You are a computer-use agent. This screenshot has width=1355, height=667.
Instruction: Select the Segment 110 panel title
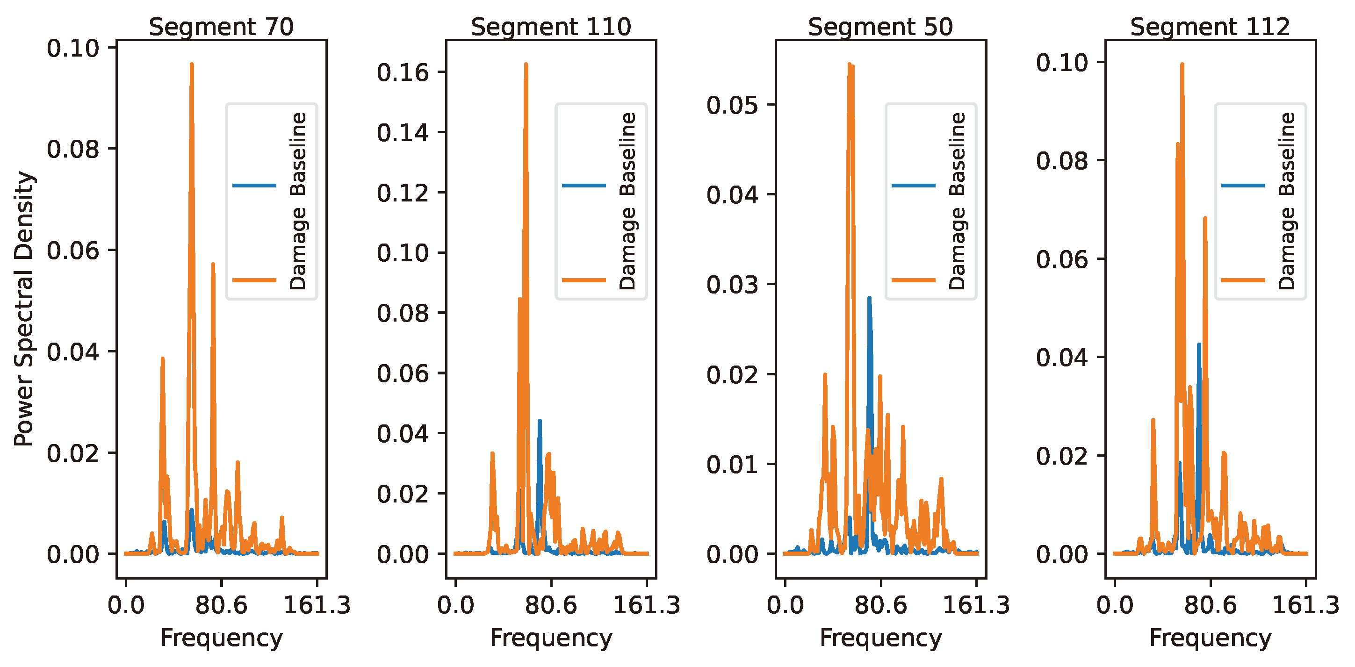click(551, 26)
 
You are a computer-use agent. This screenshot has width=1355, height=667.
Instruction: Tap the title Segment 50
click(880, 26)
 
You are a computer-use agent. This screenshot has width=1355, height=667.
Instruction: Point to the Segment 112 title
click(1210, 26)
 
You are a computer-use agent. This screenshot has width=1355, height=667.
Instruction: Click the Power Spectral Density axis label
click(24, 309)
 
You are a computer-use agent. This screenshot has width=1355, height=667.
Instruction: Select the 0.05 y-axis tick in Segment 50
click(732, 105)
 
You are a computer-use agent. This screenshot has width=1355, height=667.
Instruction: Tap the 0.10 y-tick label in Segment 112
click(1062, 63)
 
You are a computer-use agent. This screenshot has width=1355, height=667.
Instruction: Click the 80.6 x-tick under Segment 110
click(551, 605)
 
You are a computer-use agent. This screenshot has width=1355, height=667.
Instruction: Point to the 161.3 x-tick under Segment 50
click(976, 605)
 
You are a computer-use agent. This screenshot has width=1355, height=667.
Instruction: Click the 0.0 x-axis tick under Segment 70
click(126, 605)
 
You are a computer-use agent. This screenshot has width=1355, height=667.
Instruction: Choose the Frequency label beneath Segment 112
click(1210, 638)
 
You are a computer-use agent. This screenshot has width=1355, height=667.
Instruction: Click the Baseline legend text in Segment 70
click(298, 154)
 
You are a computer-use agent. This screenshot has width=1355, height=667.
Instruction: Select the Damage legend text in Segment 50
click(958, 248)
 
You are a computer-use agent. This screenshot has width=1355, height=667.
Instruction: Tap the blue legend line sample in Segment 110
click(584, 185)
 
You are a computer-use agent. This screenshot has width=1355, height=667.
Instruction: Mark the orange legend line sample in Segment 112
click(1243, 280)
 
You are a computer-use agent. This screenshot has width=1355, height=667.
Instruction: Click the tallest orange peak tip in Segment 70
click(192, 65)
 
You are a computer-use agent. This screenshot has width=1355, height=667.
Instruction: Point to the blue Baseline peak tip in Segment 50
click(870, 298)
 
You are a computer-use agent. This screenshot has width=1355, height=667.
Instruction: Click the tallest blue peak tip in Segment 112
click(1199, 344)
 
